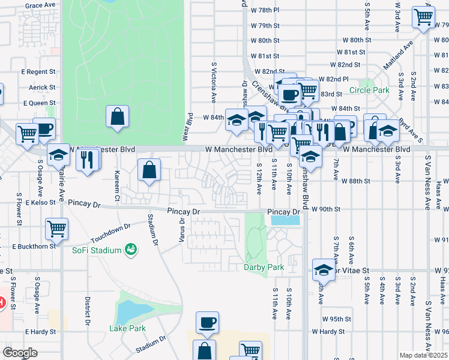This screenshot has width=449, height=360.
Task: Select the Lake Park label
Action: tap(127, 328)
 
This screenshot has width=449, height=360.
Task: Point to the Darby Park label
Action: tap(264, 267)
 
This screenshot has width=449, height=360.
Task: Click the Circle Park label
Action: tap(370, 91)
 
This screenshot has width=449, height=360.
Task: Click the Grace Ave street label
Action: tap(40, 5)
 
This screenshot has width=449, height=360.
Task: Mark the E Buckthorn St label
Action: tap(34, 246)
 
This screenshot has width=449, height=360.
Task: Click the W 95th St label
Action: tap(336, 319)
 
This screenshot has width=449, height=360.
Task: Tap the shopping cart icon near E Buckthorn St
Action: tap(56, 228)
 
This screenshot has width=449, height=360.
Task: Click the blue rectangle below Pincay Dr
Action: tap(285, 220)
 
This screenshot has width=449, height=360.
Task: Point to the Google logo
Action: tap(20, 352)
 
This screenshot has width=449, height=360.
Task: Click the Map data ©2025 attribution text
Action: tap(423, 355)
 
